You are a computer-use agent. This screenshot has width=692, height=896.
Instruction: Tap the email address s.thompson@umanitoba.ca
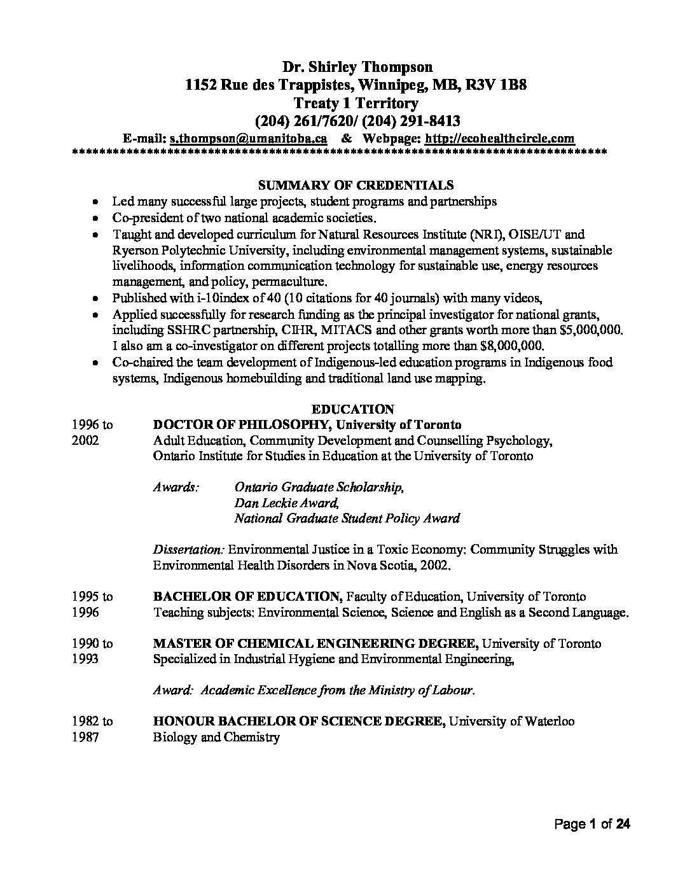(249, 138)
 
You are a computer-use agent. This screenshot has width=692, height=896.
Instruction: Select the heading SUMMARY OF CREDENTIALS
(356, 185)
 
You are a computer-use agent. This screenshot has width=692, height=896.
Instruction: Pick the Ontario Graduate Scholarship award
(319, 487)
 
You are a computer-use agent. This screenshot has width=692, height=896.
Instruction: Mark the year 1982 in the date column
(86, 721)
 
